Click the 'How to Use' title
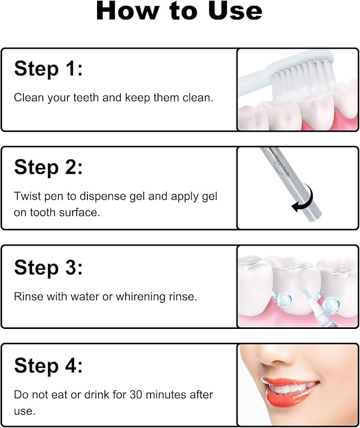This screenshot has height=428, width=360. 179,12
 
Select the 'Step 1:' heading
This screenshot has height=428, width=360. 48,69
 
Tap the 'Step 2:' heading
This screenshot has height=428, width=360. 48,167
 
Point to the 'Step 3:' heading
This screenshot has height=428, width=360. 48,267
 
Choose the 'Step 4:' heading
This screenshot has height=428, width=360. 48,365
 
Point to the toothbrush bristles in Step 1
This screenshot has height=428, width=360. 297,79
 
